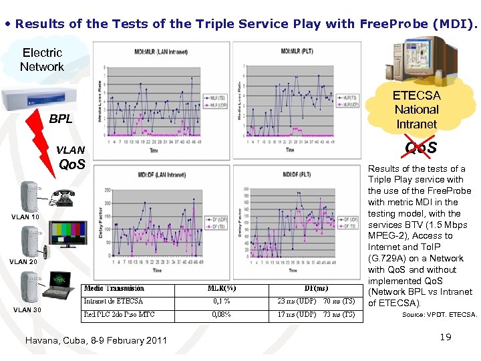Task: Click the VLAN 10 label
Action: coord(25,217)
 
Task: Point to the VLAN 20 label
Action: coord(23,262)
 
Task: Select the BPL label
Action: coord(60,120)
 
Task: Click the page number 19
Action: coord(446,337)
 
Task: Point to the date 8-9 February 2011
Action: coord(126,340)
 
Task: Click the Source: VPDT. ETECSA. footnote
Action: coord(440,314)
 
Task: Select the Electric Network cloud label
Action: coord(42,59)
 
